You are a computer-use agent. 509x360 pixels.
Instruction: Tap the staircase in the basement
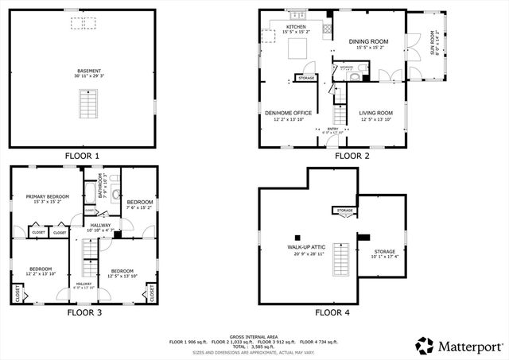[x=84, y=104]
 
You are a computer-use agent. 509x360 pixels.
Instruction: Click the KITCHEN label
[x=296, y=27]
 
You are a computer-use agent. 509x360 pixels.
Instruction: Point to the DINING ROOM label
[x=367, y=41]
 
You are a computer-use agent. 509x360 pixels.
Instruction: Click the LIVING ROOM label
[x=376, y=113]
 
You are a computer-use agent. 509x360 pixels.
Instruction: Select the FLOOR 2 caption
[x=352, y=156]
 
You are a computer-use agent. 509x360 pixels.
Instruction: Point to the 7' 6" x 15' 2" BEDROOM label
[x=139, y=203]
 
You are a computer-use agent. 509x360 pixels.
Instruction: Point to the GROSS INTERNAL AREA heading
[x=254, y=336]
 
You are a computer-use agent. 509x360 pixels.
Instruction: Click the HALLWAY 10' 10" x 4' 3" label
[x=100, y=226]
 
